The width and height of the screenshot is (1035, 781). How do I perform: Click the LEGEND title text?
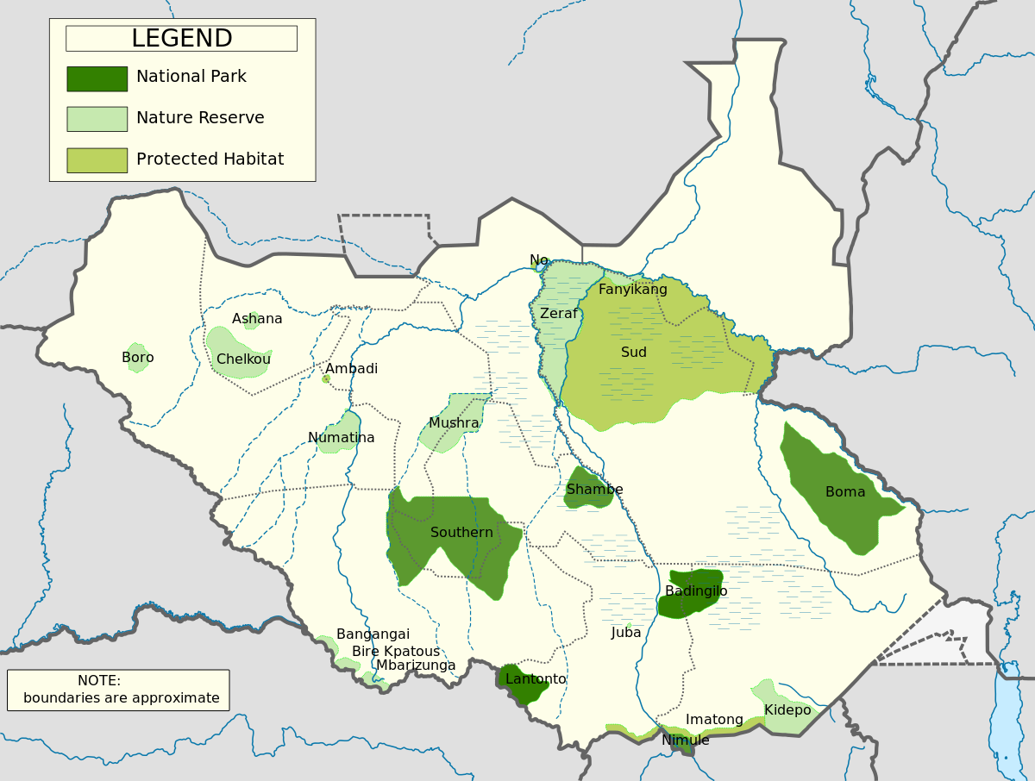[181, 39]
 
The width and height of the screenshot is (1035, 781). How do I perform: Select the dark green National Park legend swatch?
[97, 78]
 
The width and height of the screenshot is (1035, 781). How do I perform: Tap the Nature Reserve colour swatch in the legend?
[97, 119]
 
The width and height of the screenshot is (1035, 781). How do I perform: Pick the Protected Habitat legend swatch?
[97, 160]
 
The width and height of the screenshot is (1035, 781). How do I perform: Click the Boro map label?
[138, 358]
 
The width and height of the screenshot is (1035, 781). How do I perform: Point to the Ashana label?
[257, 319]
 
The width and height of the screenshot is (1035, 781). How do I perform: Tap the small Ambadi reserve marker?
[326, 378]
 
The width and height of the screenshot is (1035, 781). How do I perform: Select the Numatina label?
[342, 438]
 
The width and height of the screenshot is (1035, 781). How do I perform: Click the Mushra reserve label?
[454, 423]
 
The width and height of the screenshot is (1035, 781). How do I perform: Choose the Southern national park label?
[461, 533]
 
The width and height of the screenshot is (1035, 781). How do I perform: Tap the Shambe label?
[594, 490]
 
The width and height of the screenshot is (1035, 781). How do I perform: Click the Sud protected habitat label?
[634, 353]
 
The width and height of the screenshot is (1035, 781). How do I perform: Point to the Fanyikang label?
[633, 290]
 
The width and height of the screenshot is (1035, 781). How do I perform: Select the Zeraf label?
[559, 314]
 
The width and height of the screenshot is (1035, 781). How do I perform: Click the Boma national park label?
[845, 492]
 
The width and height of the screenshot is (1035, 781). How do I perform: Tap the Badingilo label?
[696, 591]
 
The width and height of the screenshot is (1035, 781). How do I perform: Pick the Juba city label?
[626, 633]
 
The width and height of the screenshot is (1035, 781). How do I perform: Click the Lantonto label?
[536, 679]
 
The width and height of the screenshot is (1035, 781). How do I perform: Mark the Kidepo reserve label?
[787, 710]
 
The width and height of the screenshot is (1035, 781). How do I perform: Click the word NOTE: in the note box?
[99, 681]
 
